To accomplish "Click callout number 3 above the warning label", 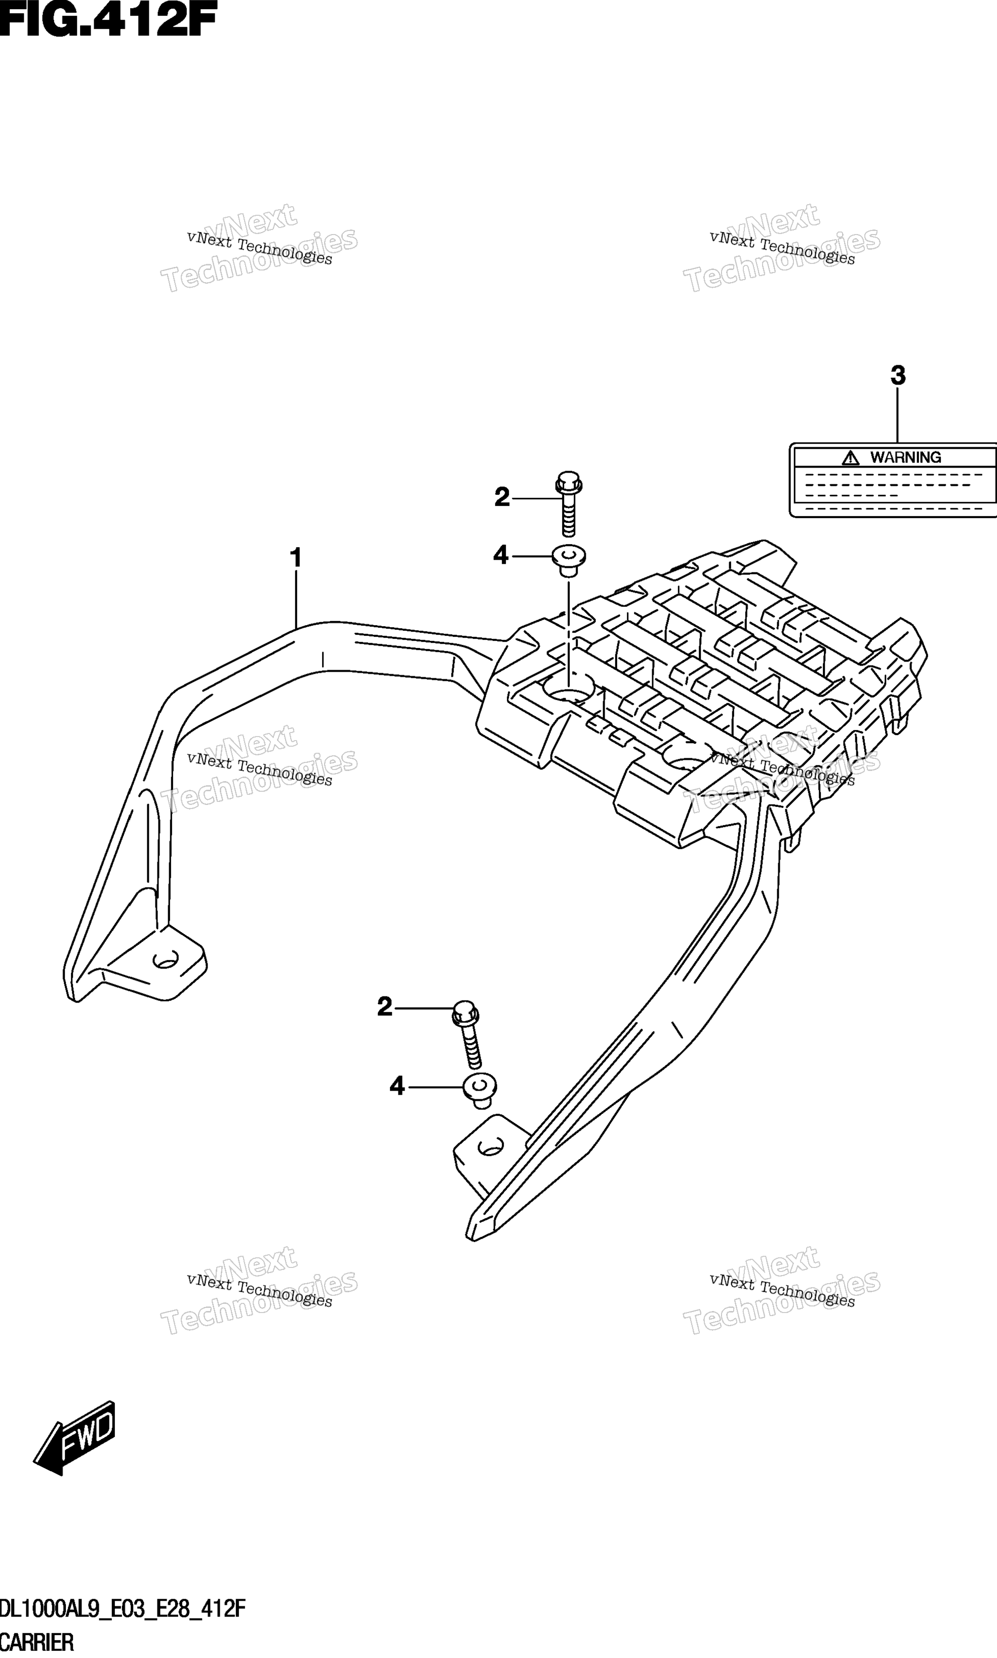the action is (898, 375).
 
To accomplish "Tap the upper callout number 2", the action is (502, 497).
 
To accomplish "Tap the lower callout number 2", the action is (384, 1007).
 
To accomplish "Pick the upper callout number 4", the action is (500, 555).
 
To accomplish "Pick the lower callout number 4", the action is (397, 1086).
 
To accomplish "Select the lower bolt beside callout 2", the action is (468, 1034).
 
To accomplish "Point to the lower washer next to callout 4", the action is (480, 1088).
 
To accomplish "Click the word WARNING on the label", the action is (906, 457).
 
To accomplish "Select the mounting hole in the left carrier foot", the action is (164, 959).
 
